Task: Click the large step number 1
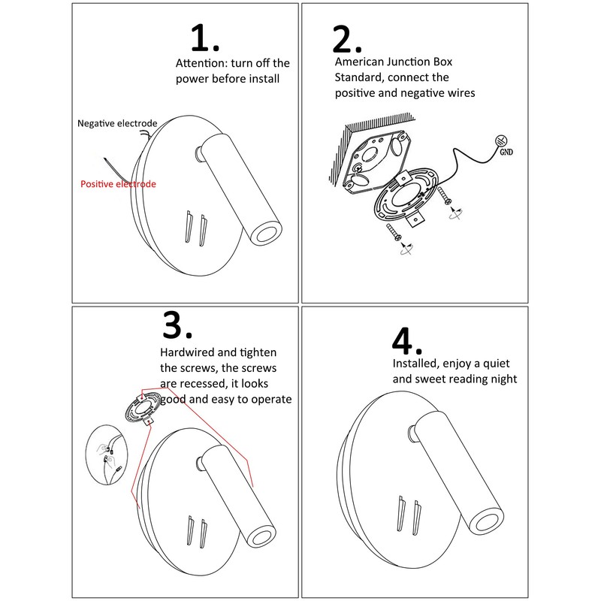click(204, 38)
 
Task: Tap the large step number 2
click(347, 39)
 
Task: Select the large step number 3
click(177, 325)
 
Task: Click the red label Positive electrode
click(118, 184)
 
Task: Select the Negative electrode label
click(117, 123)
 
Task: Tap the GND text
click(506, 153)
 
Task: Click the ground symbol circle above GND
click(501, 140)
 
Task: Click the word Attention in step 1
click(201, 63)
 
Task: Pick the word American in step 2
click(358, 62)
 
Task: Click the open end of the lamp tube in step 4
click(485, 521)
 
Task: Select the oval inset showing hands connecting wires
click(107, 455)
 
